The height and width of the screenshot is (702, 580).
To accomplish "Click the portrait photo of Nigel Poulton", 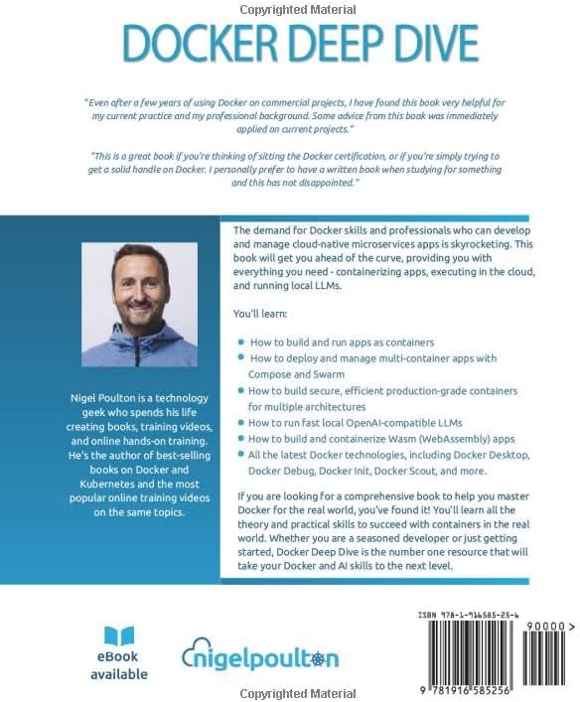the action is tap(139, 305).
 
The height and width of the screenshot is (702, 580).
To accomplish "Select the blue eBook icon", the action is tap(119, 635).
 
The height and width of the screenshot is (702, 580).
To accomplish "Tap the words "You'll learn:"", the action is tap(261, 313).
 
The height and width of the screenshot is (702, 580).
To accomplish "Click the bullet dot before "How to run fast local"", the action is tap(240, 422).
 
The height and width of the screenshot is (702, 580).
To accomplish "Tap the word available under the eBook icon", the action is tap(118, 674).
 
